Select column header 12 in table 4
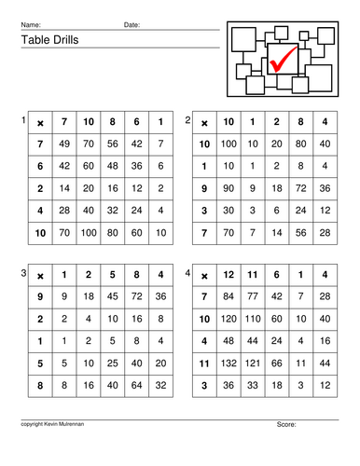[228, 274]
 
